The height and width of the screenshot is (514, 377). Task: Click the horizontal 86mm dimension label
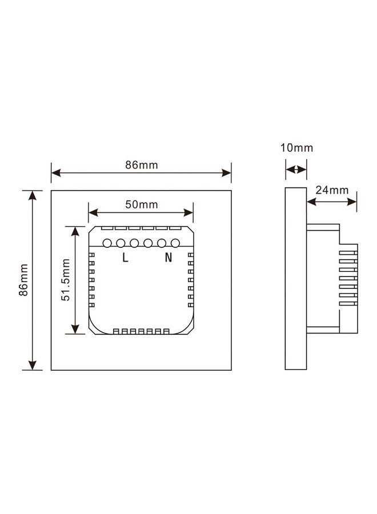(x=142, y=165)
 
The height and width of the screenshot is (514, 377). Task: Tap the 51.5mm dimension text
(x=66, y=280)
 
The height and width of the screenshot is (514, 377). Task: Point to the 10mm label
(x=296, y=148)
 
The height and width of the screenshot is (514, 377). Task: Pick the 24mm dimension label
(x=332, y=190)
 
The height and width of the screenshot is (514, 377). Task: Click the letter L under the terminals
(x=125, y=258)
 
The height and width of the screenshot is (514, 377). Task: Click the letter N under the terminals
(x=169, y=258)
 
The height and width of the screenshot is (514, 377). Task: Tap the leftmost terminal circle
(x=107, y=243)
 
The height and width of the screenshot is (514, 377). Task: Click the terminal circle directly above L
(x=121, y=243)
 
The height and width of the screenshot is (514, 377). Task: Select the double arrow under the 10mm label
(x=296, y=170)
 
